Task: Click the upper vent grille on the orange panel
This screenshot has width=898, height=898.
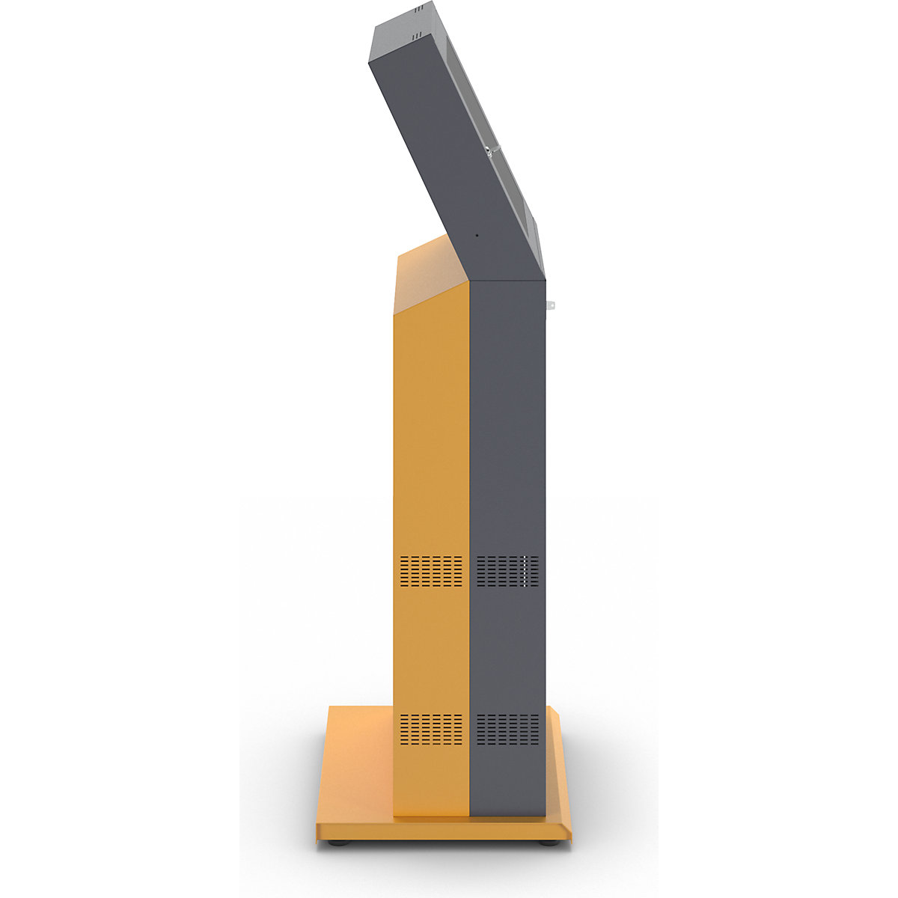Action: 431,571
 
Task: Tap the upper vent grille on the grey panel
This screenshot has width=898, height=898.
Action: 507,571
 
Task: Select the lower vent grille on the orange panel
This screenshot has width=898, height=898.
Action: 431,730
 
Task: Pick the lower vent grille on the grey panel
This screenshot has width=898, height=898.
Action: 507,730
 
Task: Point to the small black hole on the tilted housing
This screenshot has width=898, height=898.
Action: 477,236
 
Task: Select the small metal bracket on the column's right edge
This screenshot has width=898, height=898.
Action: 551,305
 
